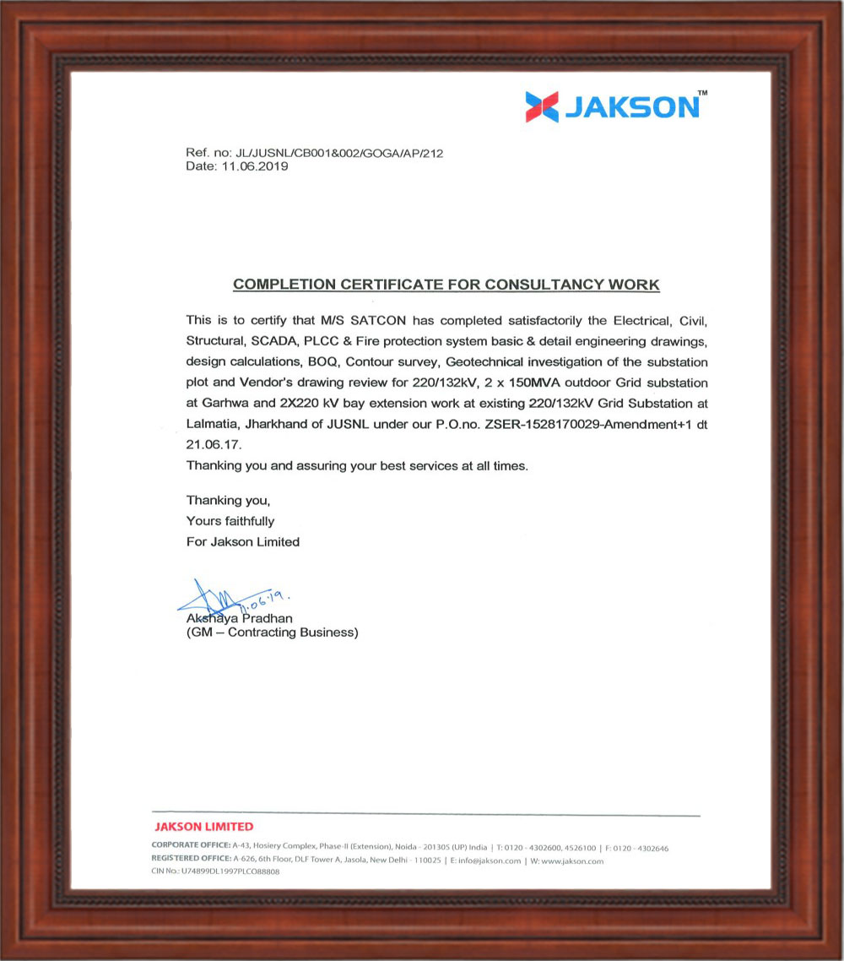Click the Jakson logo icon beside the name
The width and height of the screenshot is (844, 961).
541,107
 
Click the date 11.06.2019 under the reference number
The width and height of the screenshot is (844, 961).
255,166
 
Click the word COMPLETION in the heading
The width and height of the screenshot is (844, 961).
284,285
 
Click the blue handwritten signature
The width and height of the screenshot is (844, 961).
215,600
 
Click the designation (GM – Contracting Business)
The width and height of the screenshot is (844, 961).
272,633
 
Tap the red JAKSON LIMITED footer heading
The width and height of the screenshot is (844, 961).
203,827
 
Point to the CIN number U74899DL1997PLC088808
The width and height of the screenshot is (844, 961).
230,872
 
